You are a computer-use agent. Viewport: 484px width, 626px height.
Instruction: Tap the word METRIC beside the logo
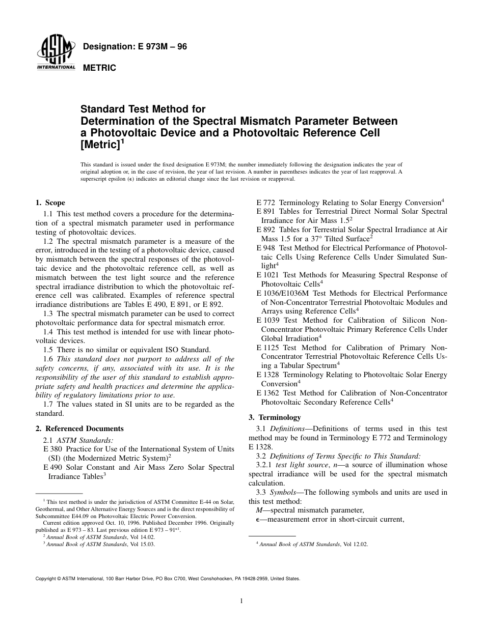[x=99, y=68]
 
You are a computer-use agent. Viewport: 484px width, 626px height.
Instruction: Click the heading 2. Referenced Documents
[x=79, y=429]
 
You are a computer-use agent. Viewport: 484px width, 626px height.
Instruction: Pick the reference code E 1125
[x=269, y=348]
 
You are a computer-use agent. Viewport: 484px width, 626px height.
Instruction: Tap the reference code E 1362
[x=269, y=393]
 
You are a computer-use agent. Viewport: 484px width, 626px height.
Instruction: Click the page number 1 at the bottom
[x=241, y=601]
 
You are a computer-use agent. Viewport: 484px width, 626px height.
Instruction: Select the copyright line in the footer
[x=168, y=579]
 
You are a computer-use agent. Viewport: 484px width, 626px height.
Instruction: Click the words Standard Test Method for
[x=143, y=109]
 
